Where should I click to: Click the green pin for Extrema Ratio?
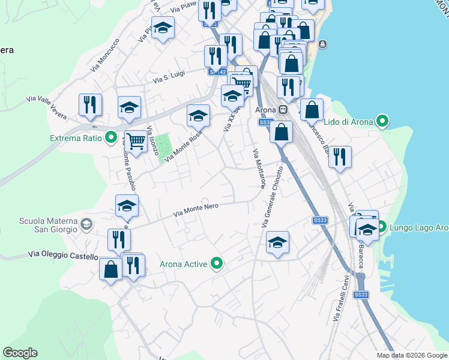pyautogui.click(x=110, y=139)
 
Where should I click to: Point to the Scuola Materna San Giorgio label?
pyautogui.click(x=48, y=224)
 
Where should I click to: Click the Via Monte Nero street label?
pyautogui.click(x=195, y=209)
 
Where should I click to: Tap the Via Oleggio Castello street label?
pyautogui.click(x=62, y=256)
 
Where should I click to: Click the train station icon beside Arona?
pyautogui.click(x=283, y=111)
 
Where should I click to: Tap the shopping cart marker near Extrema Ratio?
pyautogui.click(x=136, y=142)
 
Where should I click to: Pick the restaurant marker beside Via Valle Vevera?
pyautogui.click(x=90, y=104)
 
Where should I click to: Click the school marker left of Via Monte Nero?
pyautogui.click(x=127, y=206)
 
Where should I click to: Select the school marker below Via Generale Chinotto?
pyautogui.click(x=277, y=242)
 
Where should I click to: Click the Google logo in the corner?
pyautogui.click(x=20, y=353)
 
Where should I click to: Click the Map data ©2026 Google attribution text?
pyautogui.click(x=412, y=355)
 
